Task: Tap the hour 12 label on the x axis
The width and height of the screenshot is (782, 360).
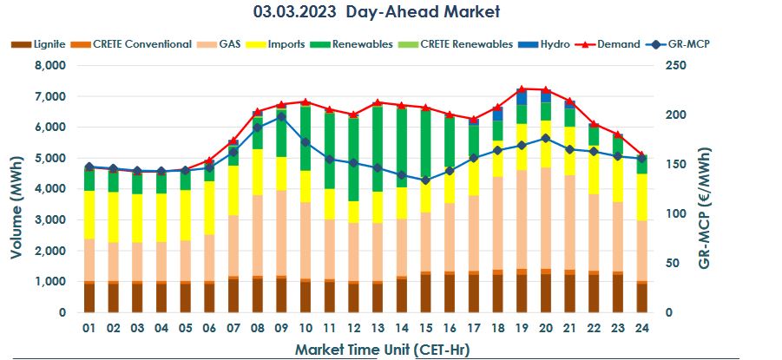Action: pyautogui.click(x=353, y=328)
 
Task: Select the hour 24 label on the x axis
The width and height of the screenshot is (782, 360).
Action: pyautogui.click(x=641, y=328)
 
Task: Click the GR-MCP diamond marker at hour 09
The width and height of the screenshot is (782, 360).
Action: pyautogui.click(x=281, y=116)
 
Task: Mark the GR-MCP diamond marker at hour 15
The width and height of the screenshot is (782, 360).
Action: pyautogui.click(x=425, y=180)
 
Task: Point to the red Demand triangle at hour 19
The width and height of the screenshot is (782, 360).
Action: pyautogui.click(x=522, y=89)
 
